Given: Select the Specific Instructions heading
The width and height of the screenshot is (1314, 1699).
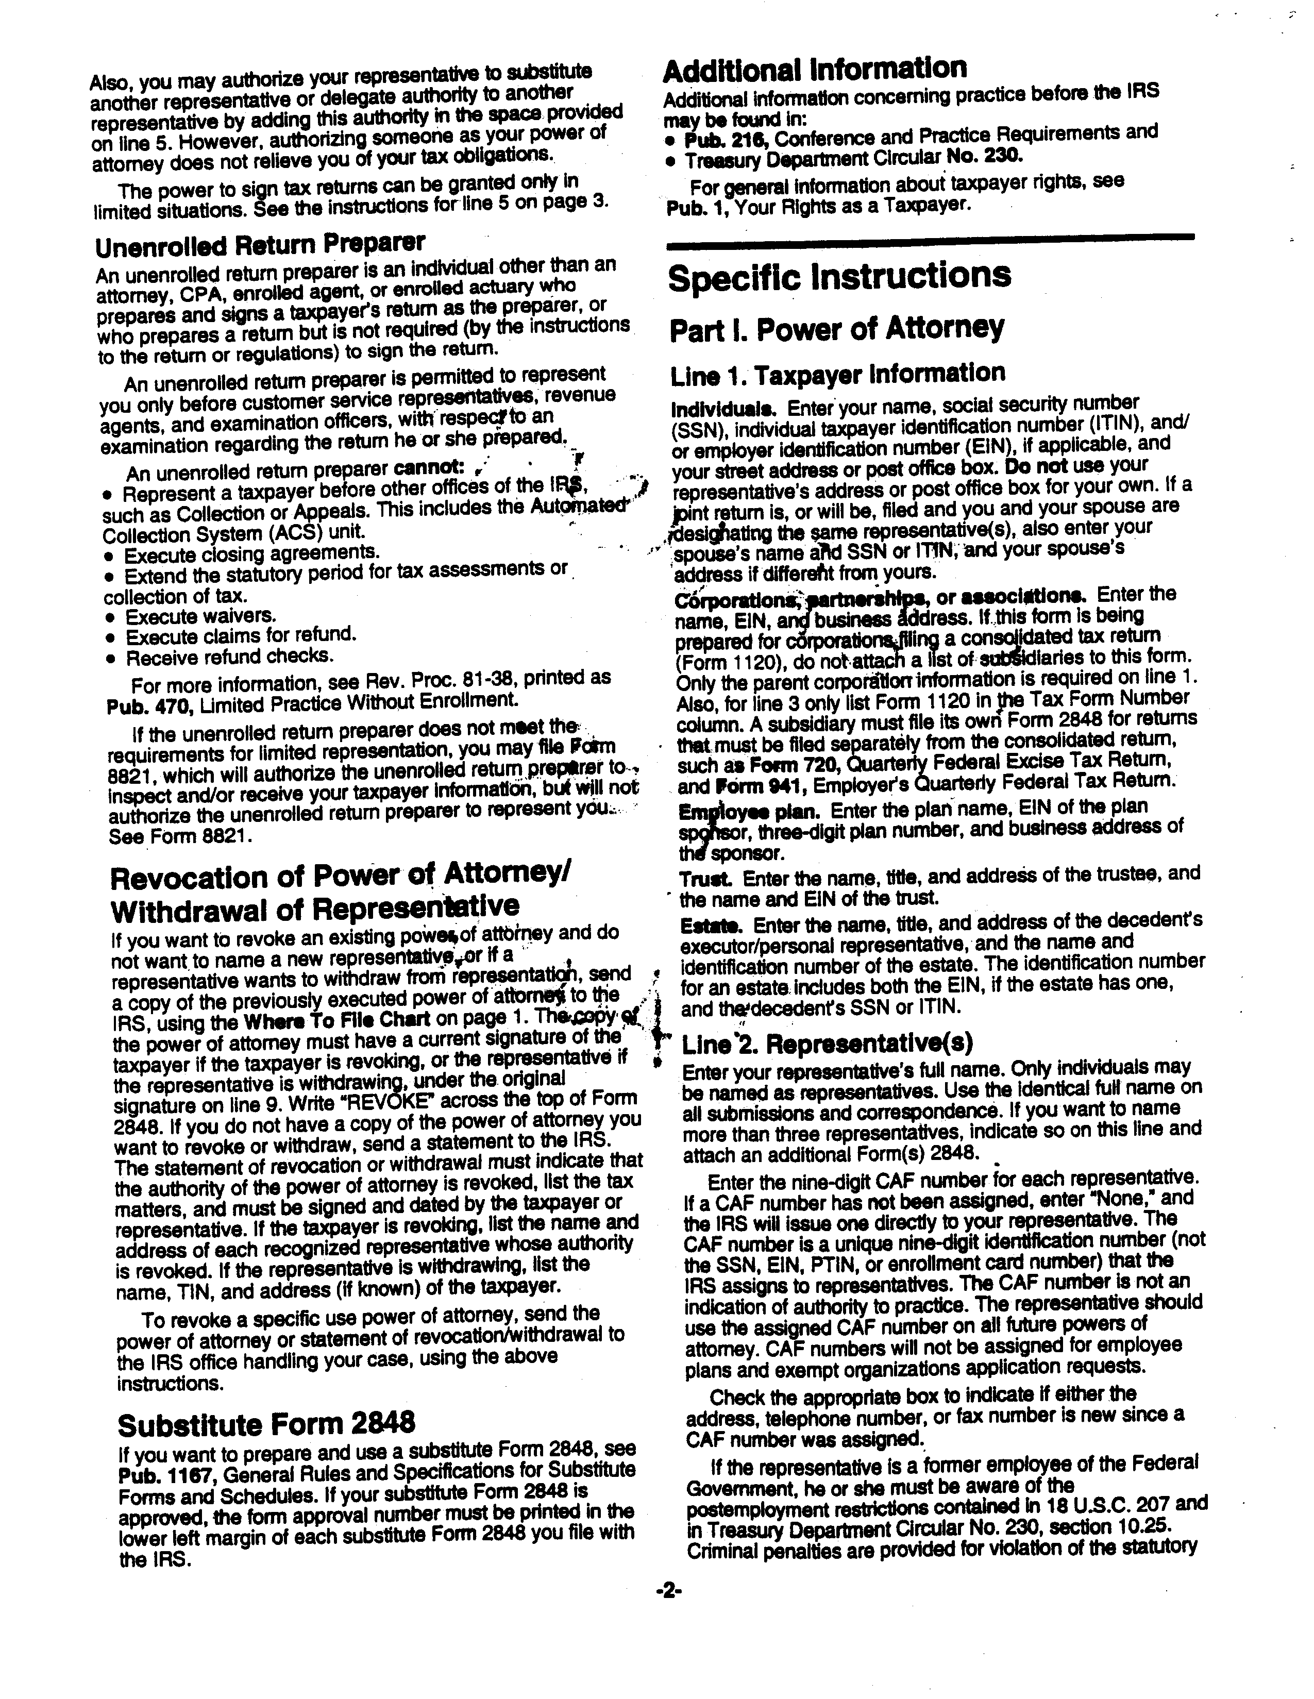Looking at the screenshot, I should pyautogui.click(x=839, y=277).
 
